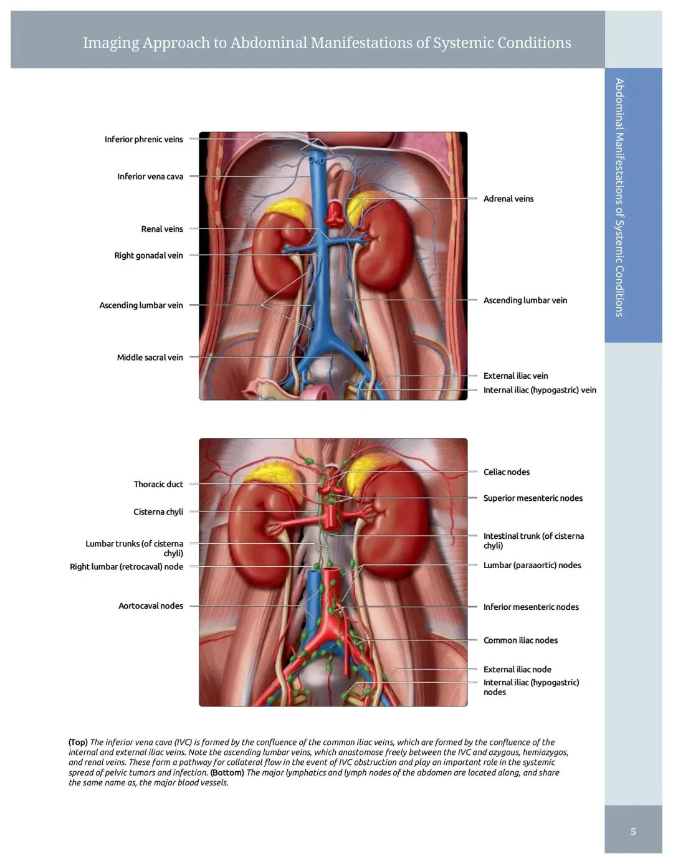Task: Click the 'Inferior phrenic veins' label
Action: (x=143, y=140)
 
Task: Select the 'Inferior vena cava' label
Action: (x=150, y=177)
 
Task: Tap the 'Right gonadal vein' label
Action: (x=148, y=255)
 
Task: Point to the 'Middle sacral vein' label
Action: (x=150, y=358)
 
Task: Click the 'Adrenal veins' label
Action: (x=508, y=199)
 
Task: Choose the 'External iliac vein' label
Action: (x=515, y=376)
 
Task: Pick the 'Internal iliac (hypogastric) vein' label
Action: (x=540, y=390)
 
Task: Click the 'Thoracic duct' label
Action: (x=158, y=484)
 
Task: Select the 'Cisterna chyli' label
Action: (x=158, y=512)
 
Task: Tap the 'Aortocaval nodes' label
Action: (x=151, y=606)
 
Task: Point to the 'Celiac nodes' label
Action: (x=507, y=472)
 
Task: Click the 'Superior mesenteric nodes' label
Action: (x=533, y=498)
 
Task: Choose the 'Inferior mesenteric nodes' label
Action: (x=531, y=607)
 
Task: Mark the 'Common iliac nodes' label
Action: (x=520, y=640)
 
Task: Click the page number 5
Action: (x=633, y=832)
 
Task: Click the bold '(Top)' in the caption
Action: (x=78, y=743)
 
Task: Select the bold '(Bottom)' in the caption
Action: (x=227, y=772)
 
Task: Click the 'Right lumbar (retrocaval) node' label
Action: (x=126, y=567)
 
